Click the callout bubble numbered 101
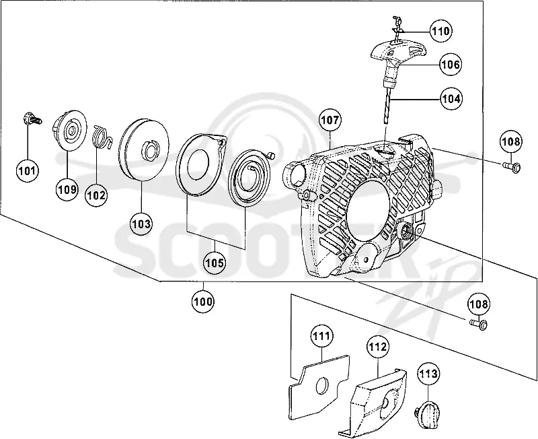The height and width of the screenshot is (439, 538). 27,170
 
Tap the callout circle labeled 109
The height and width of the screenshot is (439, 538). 67,189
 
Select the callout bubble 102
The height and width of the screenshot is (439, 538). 96,195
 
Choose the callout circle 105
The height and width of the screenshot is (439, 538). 215,263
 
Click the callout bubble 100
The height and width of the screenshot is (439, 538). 203,302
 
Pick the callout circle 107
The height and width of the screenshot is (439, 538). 330,120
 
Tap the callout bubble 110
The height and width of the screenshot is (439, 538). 440,31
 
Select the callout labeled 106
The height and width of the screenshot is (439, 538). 451,64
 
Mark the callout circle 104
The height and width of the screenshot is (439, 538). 451,98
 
